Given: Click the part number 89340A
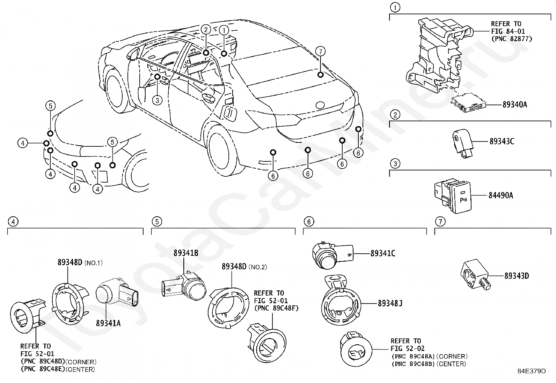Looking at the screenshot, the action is click(x=515, y=105).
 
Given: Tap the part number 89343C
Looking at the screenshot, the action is click(x=502, y=141).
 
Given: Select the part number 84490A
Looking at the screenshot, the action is click(x=501, y=195).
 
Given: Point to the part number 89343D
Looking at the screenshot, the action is click(x=517, y=276).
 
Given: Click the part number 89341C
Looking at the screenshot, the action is click(x=383, y=253).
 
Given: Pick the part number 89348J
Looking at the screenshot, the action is click(x=390, y=303).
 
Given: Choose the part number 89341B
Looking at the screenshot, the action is click(x=186, y=253).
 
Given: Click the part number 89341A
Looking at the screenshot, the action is click(x=108, y=323).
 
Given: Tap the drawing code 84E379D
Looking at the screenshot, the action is click(x=532, y=371).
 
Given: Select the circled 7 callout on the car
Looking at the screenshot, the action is click(x=321, y=51).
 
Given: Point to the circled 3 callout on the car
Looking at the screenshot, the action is click(x=157, y=100).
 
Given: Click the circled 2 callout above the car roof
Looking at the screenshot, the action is click(x=206, y=30).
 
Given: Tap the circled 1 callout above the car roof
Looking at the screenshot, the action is click(x=224, y=30).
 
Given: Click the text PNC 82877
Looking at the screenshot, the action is click(x=512, y=39).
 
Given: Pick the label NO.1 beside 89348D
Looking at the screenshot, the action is click(x=94, y=263).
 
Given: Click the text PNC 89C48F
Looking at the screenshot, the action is click(x=276, y=308).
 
